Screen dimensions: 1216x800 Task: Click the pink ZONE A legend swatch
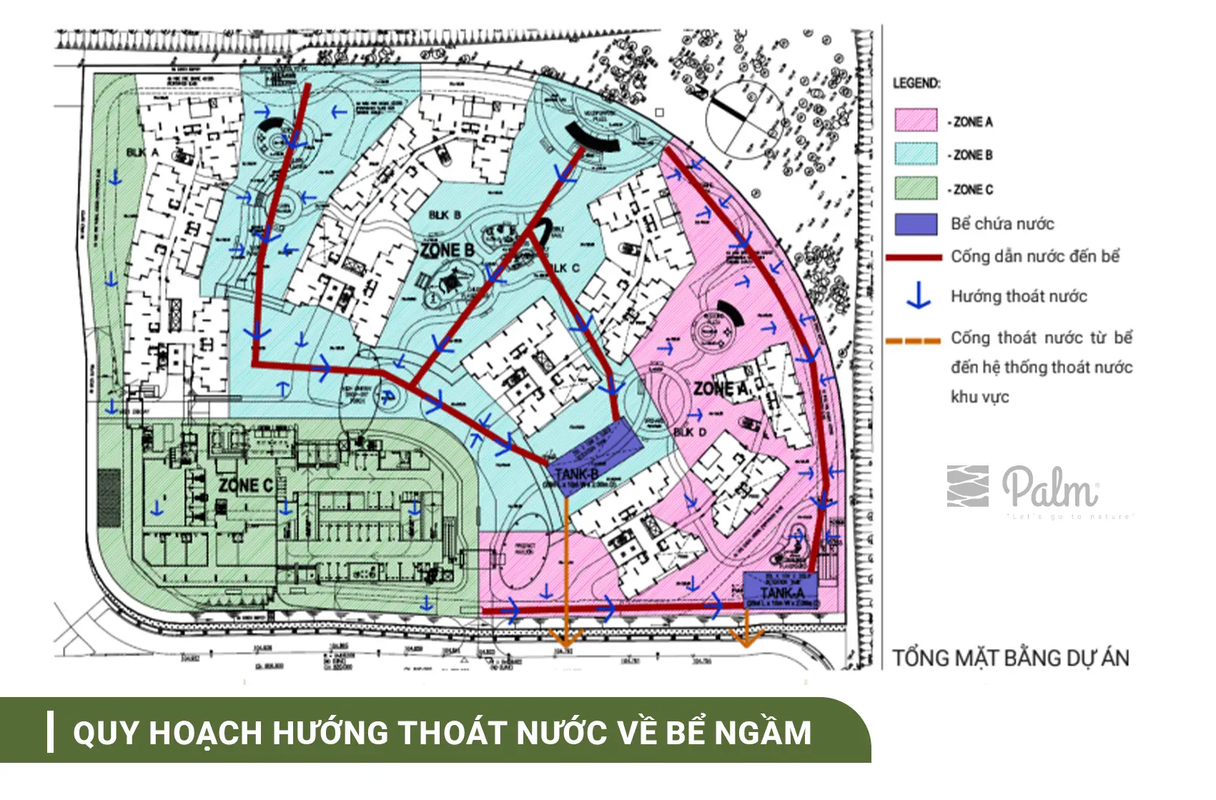click(915, 120)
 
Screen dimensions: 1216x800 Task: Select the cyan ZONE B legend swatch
click(915, 154)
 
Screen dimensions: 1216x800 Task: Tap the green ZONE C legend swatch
click(915, 188)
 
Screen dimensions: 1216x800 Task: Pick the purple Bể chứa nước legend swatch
click(915, 224)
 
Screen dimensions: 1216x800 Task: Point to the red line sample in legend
click(914, 257)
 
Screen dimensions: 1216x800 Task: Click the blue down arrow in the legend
click(918, 296)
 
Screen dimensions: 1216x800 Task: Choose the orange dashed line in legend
click(913, 340)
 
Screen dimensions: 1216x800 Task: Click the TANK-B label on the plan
click(575, 474)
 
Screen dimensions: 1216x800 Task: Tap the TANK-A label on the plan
click(781, 593)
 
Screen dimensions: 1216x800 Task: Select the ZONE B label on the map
click(448, 250)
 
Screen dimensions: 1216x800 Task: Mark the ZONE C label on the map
click(246, 485)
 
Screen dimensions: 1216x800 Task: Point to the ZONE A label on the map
click(721, 389)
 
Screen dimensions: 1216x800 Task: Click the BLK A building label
click(142, 152)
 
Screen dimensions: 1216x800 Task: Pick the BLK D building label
click(689, 432)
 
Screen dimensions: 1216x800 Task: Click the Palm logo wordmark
click(1049, 488)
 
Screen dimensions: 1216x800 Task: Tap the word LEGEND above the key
click(916, 83)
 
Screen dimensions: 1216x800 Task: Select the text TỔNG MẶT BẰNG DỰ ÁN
click(1010, 658)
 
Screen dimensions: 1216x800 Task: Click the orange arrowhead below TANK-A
click(746, 638)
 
